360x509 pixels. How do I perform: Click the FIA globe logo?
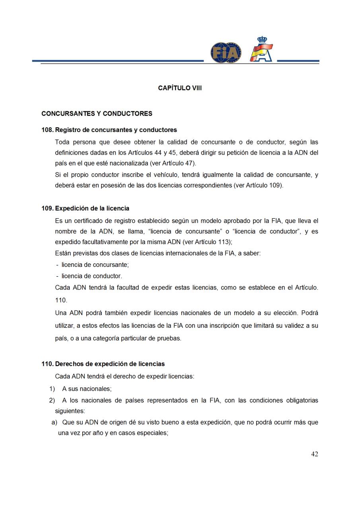coord(226,52)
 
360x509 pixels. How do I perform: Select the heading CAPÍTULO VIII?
coord(180,88)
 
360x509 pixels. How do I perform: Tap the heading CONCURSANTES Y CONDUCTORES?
coord(97,114)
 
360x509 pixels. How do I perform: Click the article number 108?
coord(47,130)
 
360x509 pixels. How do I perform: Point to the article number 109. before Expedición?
coord(47,208)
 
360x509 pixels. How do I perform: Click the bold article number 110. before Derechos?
coord(47,364)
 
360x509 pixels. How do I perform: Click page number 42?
coord(314,454)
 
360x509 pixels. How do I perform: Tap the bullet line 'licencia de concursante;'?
coord(95,264)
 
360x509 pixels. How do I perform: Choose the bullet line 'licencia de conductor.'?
coord(91,276)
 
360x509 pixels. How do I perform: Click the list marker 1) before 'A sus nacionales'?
coord(52,389)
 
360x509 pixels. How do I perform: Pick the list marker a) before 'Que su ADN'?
coord(54,422)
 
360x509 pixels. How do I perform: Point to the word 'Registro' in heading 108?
coord(68,130)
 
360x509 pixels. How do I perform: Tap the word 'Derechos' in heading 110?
coord(68,364)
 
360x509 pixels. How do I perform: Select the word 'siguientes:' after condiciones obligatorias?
coord(70,411)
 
